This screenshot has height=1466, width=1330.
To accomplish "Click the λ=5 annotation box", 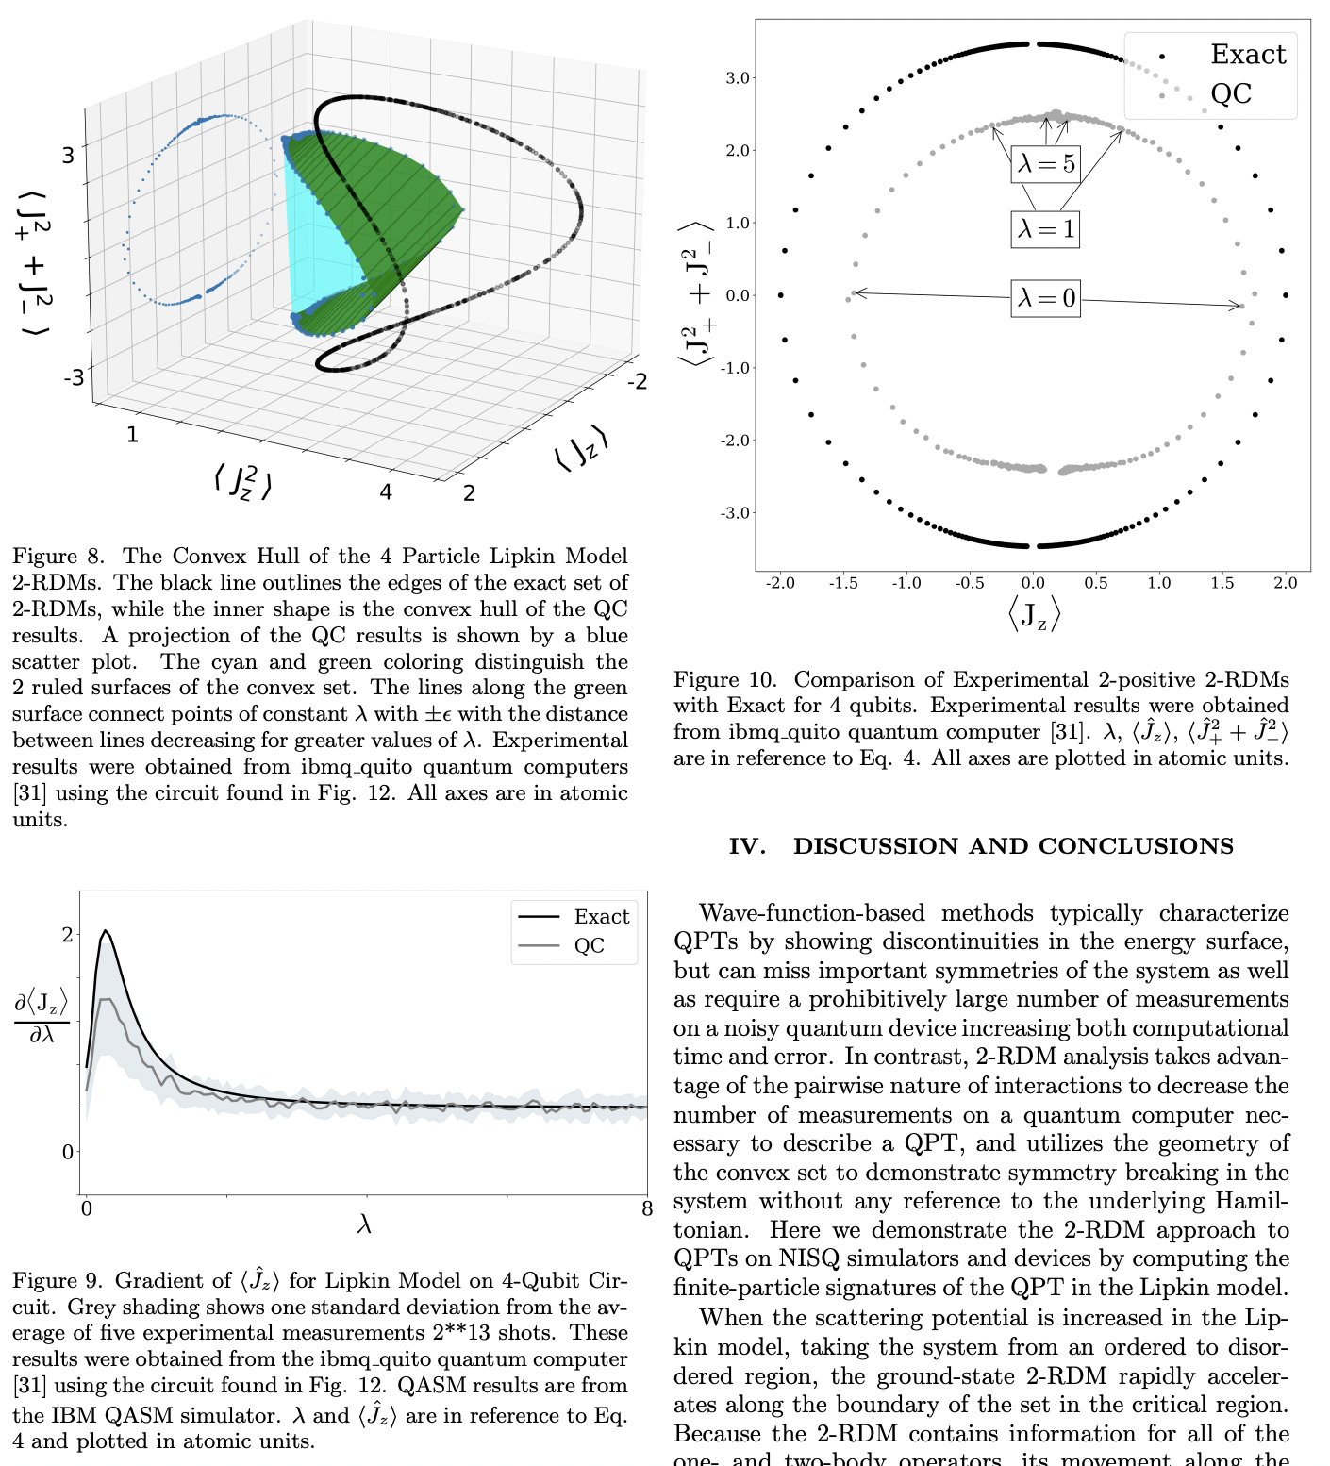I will pyautogui.click(x=1045, y=163).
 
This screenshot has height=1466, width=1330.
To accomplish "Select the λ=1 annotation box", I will pyautogui.click(x=1045, y=228).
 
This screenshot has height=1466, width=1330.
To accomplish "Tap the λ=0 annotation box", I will pyautogui.click(x=1045, y=298).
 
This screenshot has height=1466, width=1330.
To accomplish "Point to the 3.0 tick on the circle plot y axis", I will pyautogui.click(x=737, y=78).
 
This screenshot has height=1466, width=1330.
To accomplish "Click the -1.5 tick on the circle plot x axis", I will pyautogui.click(x=843, y=583).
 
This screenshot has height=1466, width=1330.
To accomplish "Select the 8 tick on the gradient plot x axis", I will pyautogui.click(x=647, y=1209).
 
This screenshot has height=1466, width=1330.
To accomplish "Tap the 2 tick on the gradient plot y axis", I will pyautogui.click(x=67, y=934).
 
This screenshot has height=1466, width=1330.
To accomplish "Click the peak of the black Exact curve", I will pyautogui.click(x=105, y=931).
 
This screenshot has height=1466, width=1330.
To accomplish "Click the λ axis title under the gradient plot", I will pyautogui.click(x=365, y=1224).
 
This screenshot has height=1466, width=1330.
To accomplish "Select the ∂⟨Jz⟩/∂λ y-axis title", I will pyautogui.click(x=42, y=1019).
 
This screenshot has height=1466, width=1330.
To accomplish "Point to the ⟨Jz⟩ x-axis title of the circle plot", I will pyautogui.click(x=1034, y=615).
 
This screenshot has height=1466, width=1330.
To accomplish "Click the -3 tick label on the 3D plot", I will pyautogui.click(x=73, y=378).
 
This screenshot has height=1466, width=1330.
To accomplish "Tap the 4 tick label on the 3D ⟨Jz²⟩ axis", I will pyautogui.click(x=386, y=491).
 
